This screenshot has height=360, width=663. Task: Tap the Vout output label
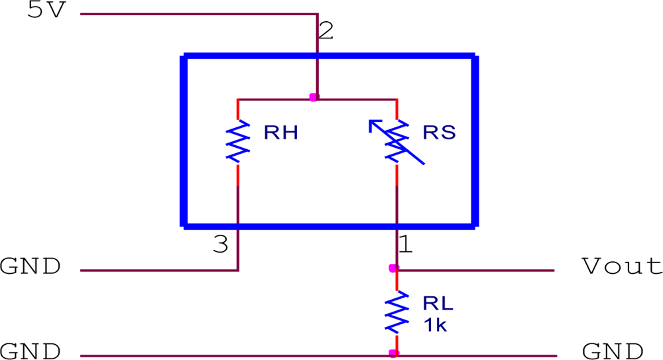621,267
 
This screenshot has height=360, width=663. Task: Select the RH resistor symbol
238,141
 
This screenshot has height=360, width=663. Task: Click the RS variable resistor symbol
396,141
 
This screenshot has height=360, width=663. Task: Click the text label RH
280,133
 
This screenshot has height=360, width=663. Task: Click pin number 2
326,31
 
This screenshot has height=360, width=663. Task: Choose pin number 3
221,246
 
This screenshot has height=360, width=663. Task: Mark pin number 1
405,246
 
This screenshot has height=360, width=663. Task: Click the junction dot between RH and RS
314,97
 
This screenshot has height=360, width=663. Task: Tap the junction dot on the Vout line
393,269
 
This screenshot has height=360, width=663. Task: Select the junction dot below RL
393,353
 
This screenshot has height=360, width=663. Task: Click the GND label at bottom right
612,351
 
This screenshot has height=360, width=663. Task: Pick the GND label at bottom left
30,351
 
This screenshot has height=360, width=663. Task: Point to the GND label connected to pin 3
30,267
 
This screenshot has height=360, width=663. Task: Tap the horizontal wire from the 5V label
199,13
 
